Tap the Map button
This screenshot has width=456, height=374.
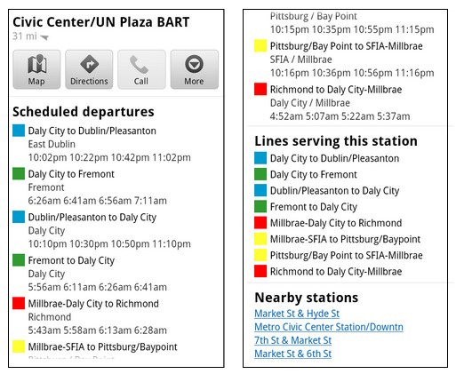click(x=36, y=69)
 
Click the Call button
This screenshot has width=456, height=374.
click(x=141, y=69)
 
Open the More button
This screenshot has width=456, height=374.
click(x=195, y=69)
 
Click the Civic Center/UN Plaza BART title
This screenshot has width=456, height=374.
click(x=101, y=22)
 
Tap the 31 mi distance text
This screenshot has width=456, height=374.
click(x=25, y=36)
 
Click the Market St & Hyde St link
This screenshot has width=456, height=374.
click(x=297, y=314)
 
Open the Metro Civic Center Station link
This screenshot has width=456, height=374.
click(x=329, y=327)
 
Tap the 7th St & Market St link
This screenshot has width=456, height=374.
click(x=292, y=340)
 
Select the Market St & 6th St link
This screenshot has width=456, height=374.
click(x=292, y=354)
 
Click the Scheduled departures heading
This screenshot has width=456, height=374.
click(x=84, y=112)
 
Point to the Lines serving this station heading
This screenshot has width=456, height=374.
click(x=336, y=141)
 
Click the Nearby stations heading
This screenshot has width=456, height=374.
click(x=307, y=298)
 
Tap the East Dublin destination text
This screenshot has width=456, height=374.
click(x=52, y=144)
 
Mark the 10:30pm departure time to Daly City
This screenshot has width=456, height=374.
click(x=89, y=244)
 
